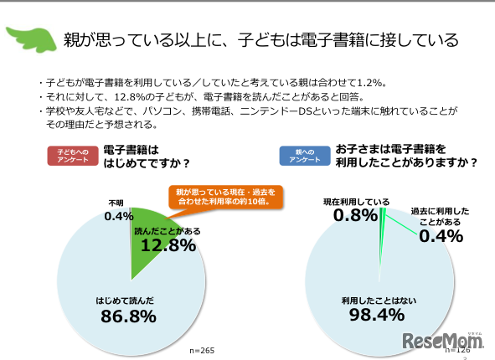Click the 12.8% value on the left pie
point(168,245)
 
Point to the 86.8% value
point(128,316)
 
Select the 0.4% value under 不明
point(120,217)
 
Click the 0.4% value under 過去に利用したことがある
point(442,236)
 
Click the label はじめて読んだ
point(125,298)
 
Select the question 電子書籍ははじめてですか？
point(146,156)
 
